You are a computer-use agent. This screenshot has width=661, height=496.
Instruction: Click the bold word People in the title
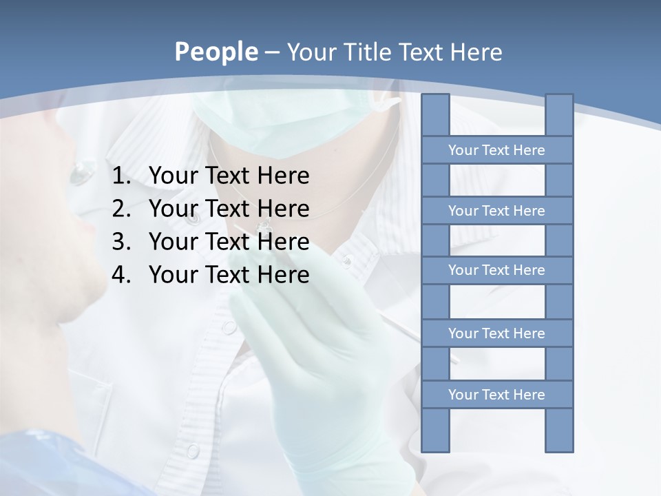point(216,52)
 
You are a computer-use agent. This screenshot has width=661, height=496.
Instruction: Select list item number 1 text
point(229,176)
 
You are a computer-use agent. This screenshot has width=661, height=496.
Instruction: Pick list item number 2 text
point(229,208)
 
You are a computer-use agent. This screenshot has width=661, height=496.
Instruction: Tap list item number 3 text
point(229,242)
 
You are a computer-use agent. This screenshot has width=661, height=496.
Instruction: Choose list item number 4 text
point(229,275)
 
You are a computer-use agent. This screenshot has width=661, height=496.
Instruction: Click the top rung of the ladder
point(496,149)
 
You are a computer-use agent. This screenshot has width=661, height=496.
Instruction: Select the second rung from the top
point(496,210)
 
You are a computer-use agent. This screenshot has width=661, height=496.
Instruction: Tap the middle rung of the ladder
point(496,270)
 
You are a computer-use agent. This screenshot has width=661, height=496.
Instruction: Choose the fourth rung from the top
point(496,333)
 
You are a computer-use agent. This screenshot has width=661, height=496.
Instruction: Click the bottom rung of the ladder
point(496,394)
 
